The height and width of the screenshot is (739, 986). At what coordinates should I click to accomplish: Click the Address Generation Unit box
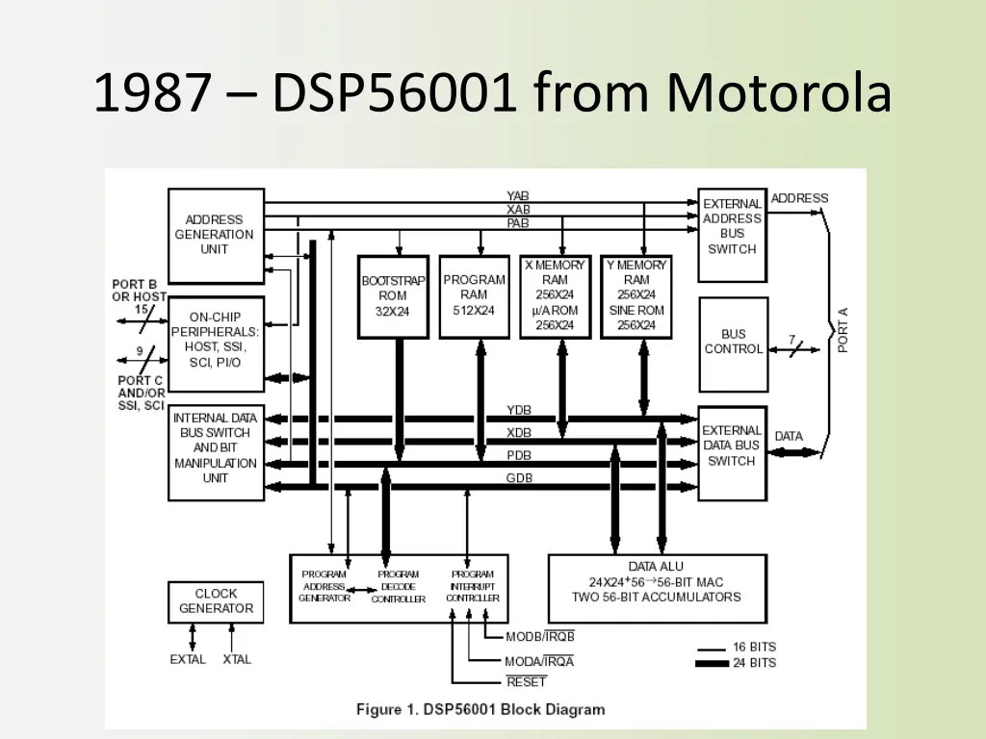click(x=216, y=235)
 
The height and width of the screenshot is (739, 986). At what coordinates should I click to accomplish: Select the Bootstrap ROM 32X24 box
click(x=393, y=296)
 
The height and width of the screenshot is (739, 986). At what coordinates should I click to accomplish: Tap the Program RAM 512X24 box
click(x=474, y=295)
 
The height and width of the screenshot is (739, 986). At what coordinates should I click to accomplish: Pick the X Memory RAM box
click(x=555, y=295)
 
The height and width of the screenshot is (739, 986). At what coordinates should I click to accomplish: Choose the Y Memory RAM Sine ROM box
click(x=636, y=295)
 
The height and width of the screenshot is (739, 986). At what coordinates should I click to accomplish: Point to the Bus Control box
click(x=732, y=343)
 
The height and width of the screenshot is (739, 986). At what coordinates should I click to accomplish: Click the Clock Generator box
click(x=216, y=601)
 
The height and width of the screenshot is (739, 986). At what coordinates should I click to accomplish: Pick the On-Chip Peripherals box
click(x=216, y=340)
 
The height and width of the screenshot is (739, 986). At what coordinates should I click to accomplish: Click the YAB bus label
click(x=518, y=195)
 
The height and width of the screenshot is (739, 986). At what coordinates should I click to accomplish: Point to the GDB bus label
click(x=519, y=477)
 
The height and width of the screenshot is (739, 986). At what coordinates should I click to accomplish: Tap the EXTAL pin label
click(x=188, y=659)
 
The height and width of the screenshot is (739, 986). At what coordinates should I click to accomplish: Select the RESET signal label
click(x=526, y=682)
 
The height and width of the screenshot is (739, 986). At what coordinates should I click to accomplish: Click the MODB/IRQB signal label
click(x=539, y=636)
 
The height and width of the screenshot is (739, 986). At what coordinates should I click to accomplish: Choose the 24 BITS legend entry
click(x=754, y=663)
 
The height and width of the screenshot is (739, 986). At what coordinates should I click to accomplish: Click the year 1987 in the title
click(x=152, y=94)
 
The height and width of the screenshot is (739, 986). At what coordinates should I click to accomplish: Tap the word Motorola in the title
click(x=779, y=94)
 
